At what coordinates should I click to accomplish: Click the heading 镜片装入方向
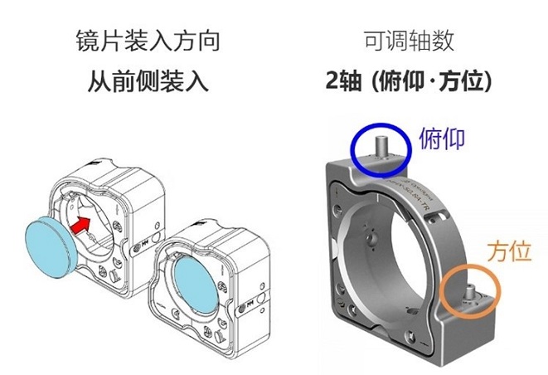(x=148, y=41)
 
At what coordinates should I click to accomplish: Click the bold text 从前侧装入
(x=148, y=81)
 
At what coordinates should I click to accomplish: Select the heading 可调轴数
(x=409, y=41)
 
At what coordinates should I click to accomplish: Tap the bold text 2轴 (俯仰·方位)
(x=409, y=81)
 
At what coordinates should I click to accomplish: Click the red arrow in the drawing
(x=80, y=226)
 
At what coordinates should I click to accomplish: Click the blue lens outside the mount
(x=51, y=246)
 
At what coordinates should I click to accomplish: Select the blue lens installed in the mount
(x=196, y=284)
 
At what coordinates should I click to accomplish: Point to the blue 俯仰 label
(x=442, y=139)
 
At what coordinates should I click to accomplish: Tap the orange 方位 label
(x=509, y=251)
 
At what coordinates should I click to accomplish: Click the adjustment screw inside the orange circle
(x=470, y=294)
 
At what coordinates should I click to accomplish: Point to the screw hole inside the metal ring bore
(x=371, y=239)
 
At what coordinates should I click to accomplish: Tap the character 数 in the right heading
(x=444, y=41)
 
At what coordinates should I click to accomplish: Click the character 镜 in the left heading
(x=87, y=41)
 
